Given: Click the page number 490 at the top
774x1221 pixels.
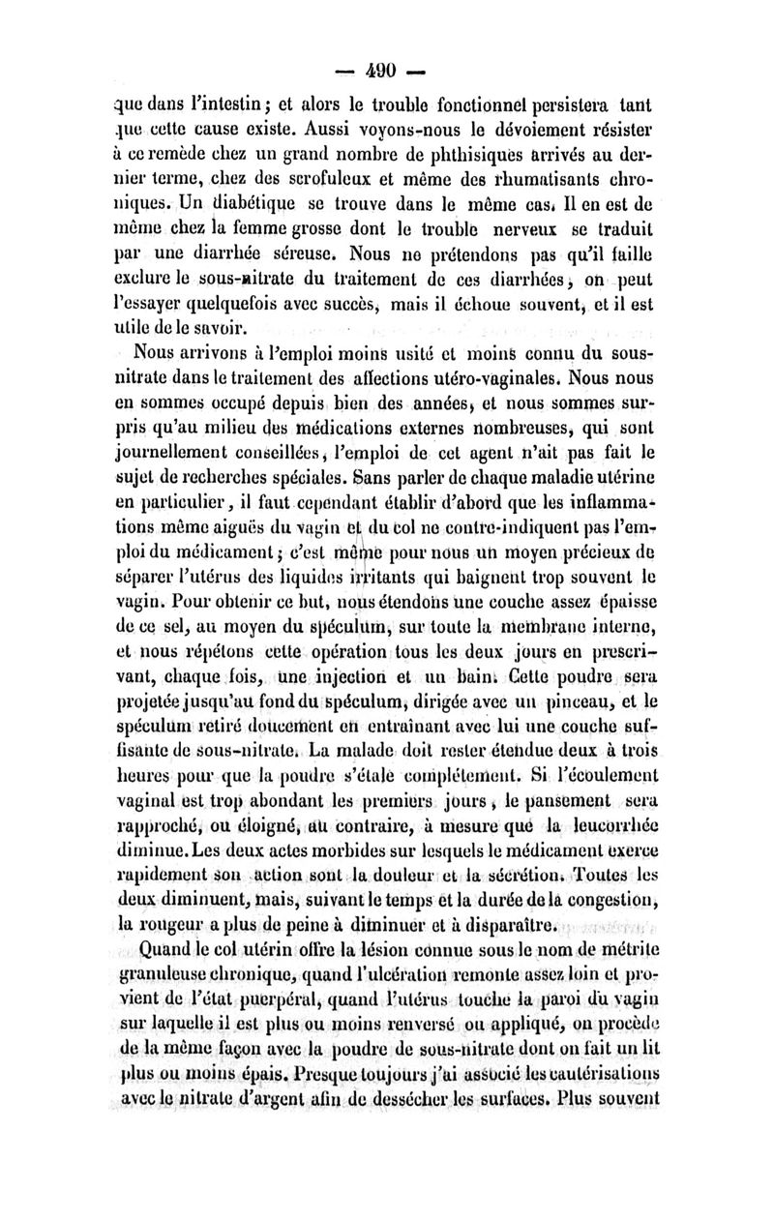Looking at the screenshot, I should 386,71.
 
